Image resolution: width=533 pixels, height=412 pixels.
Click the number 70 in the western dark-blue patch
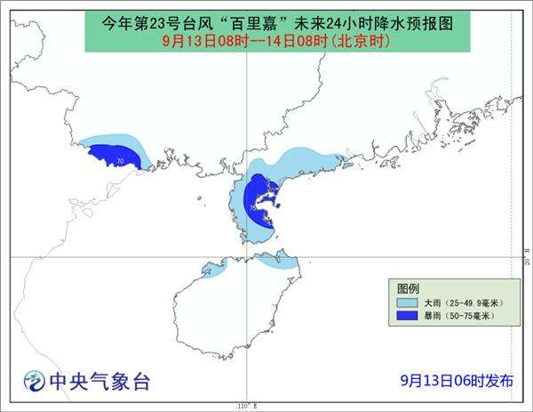119,160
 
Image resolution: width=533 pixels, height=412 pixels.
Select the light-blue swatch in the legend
408,303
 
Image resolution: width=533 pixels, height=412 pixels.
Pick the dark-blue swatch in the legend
408,315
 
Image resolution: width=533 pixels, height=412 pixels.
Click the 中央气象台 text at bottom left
99,382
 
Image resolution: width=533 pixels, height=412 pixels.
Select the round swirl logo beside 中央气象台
34,381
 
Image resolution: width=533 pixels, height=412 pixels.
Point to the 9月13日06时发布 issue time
456,381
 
